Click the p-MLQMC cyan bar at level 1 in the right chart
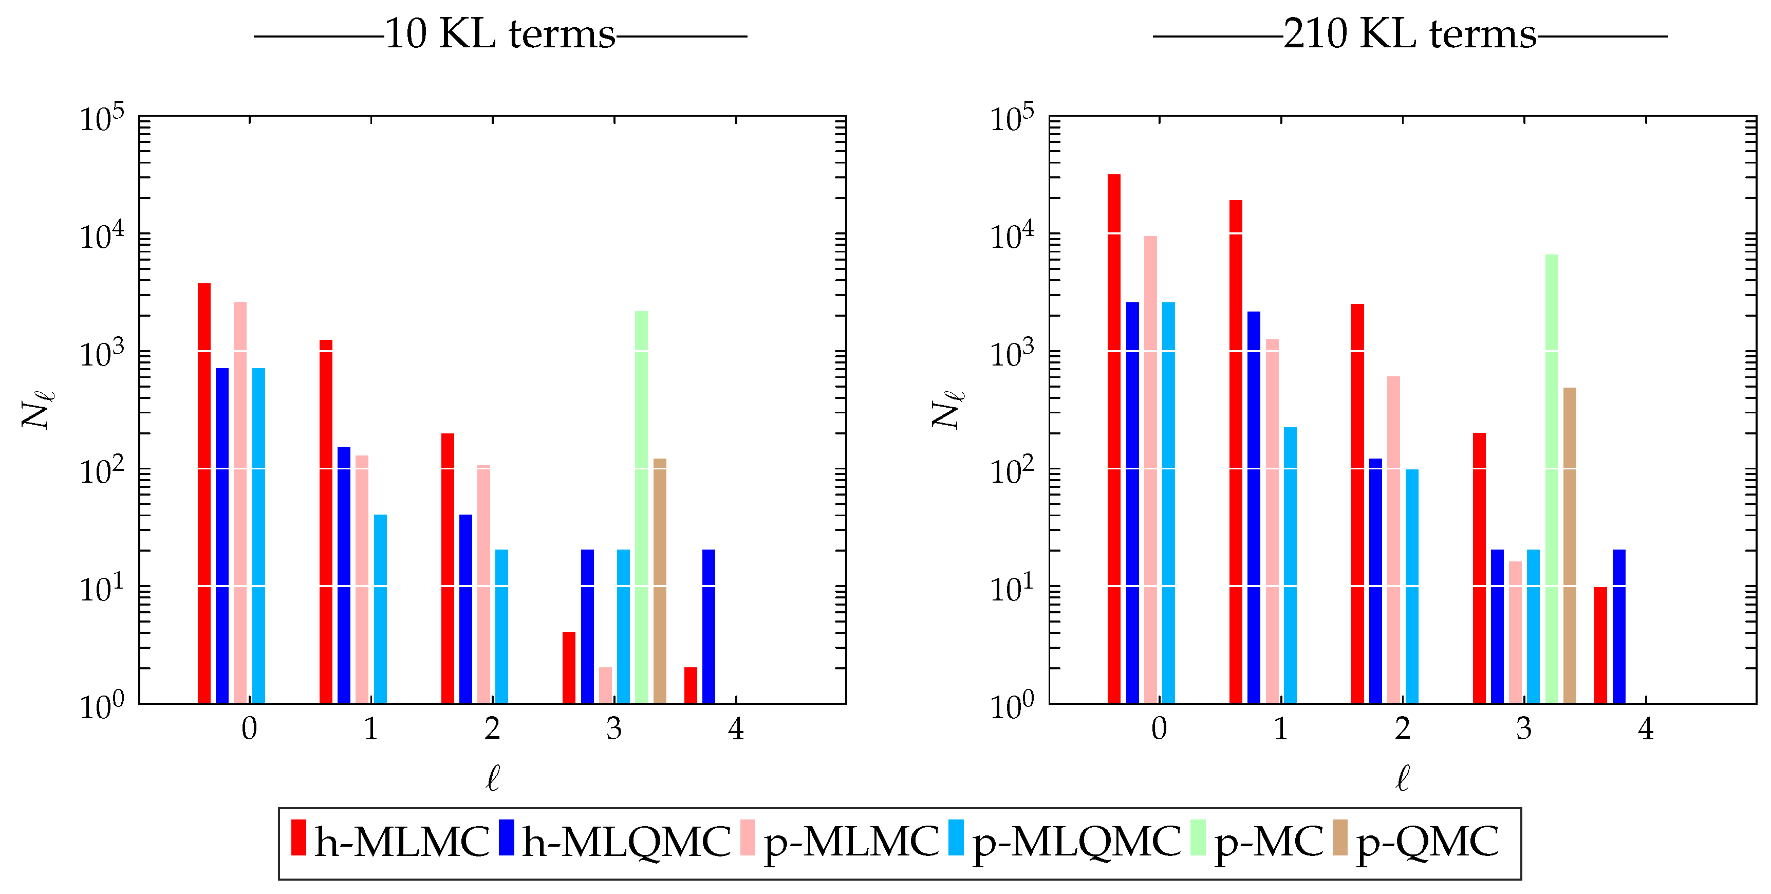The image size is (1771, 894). tap(1290, 564)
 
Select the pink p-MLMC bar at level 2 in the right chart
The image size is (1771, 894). tap(1393, 539)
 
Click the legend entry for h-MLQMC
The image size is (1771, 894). tap(626, 841)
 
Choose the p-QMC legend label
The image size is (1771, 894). tap(1427, 841)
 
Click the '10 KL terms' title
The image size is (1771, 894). tap(500, 34)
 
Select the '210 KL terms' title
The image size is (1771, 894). tap(1409, 34)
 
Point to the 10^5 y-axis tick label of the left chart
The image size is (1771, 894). tap(102, 119)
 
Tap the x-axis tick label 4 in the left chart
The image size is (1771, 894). tap(736, 729)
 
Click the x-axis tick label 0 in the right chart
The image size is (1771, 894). tap(1159, 729)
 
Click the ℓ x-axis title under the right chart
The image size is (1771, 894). tap(1403, 778)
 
